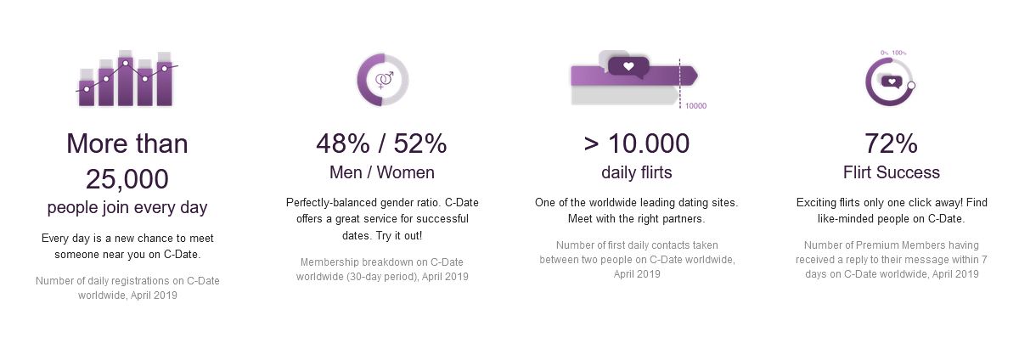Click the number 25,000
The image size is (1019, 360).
127,179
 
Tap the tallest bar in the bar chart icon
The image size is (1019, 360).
126,81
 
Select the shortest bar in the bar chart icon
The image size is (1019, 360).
87,93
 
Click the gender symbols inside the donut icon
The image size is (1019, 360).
385,80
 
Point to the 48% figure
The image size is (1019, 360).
343,143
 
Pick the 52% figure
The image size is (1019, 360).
420,143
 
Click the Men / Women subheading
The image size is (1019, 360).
381,172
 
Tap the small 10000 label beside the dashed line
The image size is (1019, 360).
695,106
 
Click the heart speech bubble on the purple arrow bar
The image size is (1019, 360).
628,67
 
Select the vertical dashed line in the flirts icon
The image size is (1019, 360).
679,83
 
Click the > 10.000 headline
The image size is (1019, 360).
636,143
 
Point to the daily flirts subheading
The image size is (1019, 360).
636,172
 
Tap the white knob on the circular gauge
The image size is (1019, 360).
911,85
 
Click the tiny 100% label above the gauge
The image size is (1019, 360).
899,53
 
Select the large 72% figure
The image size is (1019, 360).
891,143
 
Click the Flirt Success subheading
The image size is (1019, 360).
891,172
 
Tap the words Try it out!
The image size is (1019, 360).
399,236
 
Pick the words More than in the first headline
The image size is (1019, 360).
127,143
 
